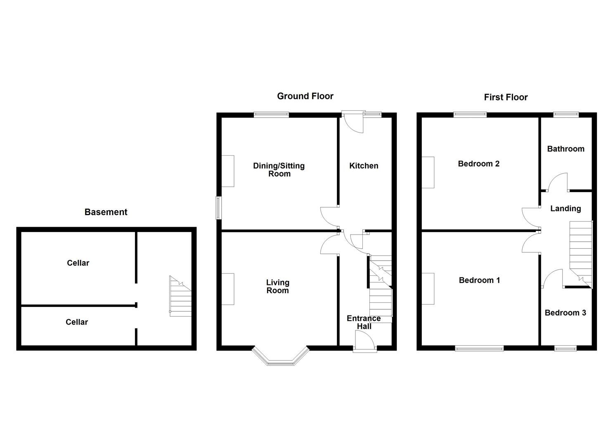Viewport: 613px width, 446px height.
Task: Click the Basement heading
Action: click(106, 212)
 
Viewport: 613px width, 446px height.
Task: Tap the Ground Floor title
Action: click(305, 96)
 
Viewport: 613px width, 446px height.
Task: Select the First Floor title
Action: click(506, 97)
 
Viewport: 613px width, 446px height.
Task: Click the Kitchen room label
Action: click(364, 166)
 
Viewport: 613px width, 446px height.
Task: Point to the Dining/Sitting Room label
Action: click(279, 169)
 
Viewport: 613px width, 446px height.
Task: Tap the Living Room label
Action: click(277, 286)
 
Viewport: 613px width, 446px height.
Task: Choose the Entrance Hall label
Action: click(364, 322)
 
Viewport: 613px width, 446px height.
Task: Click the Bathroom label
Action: click(566, 149)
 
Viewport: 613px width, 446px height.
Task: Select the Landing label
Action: click(565, 209)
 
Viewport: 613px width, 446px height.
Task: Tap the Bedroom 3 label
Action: click(565, 313)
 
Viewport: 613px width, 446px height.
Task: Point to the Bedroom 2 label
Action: click(478, 164)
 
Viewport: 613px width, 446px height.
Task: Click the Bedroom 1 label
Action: click(479, 280)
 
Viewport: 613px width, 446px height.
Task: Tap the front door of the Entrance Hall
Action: click(365, 344)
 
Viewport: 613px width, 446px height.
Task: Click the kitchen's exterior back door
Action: click(353, 122)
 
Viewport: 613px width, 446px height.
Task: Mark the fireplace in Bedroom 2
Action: click(428, 172)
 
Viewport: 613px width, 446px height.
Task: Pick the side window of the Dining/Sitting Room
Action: click(218, 208)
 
